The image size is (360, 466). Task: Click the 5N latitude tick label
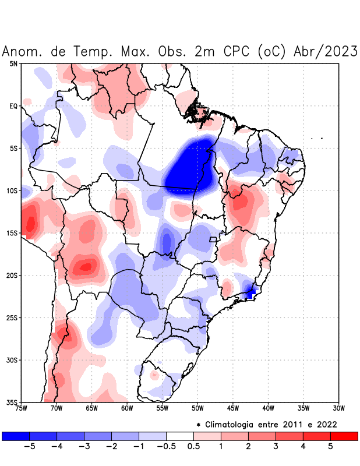[x=13, y=63]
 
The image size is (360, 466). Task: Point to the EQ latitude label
[x=13, y=106]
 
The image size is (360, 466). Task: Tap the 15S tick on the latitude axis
[x=12, y=233]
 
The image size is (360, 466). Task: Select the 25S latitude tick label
[x=12, y=318]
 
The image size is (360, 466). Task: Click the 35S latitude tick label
[x=12, y=402]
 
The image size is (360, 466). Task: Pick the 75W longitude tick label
[x=22, y=408]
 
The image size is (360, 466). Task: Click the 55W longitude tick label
[x=163, y=408]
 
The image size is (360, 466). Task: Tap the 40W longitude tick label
[x=269, y=408]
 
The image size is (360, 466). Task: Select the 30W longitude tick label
[x=339, y=408]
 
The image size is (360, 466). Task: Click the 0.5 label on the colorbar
[x=193, y=446]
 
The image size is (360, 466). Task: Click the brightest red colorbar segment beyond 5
[x=344, y=436]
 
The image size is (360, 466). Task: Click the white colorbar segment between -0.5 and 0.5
[x=180, y=436]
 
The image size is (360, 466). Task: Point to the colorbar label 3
[x=276, y=446]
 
